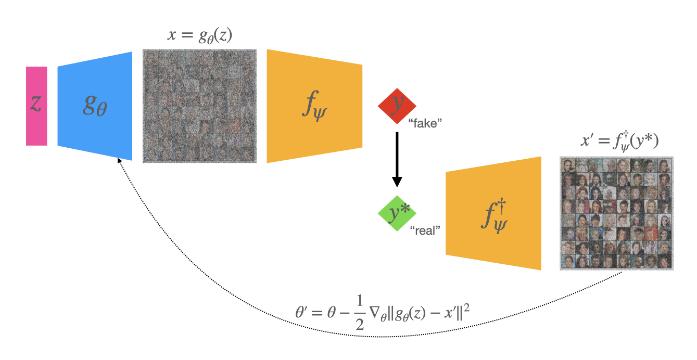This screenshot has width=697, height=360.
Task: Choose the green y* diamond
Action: coord(397,213)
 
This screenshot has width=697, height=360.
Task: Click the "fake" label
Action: coord(425,124)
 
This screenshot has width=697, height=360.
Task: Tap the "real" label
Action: coord(425,231)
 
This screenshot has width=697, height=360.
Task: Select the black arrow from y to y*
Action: coord(397,156)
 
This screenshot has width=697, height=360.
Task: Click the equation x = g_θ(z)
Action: coord(199,36)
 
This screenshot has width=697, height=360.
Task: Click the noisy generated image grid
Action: coord(199,106)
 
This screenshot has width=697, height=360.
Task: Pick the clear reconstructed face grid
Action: coord(616,213)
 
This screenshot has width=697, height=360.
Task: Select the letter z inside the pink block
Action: coord(36,104)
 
